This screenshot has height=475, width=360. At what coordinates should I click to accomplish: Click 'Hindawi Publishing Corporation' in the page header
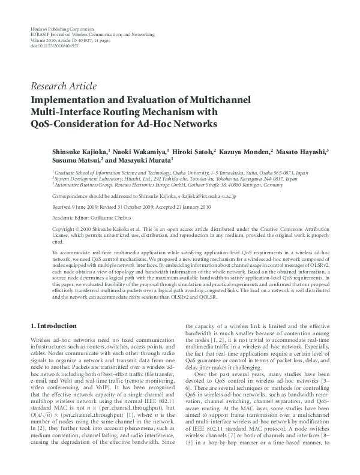point(62,29)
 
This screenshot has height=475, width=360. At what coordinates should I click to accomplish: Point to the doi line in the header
point(55,45)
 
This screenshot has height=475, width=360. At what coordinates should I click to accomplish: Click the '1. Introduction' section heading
point(53,326)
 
